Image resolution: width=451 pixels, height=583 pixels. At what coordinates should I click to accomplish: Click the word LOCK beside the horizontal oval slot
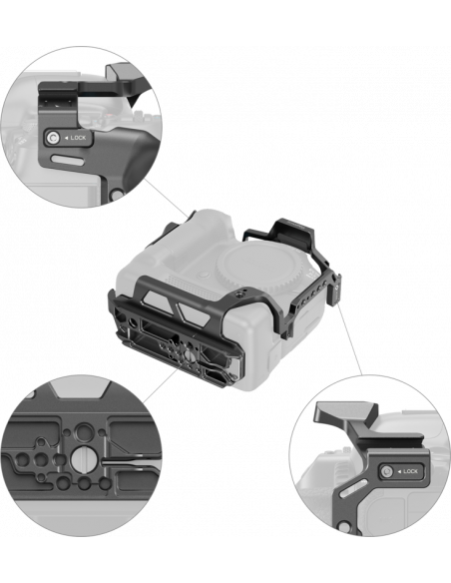click(x=78, y=138)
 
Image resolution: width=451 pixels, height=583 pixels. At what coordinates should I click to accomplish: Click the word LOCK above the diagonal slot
click(x=410, y=471)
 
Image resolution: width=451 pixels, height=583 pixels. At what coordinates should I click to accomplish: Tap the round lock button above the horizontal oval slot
click(x=52, y=138)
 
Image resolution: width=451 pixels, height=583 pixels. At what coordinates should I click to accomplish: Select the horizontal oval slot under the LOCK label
click(x=67, y=160)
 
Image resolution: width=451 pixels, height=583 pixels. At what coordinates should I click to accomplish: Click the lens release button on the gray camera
click(x=204, y=276)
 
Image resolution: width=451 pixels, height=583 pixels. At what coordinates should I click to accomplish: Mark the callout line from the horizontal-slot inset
click(x=166, y=199)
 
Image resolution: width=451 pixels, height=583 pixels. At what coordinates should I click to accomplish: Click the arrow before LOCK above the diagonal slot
click(x=399, y=471)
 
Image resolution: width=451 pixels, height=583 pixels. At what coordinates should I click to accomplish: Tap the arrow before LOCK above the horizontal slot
click(x=66, y=138)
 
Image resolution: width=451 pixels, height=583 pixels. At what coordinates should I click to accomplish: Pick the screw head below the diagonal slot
click(x=344, y=527)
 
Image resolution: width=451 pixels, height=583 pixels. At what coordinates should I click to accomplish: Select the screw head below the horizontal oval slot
click(x=118, y=194)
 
